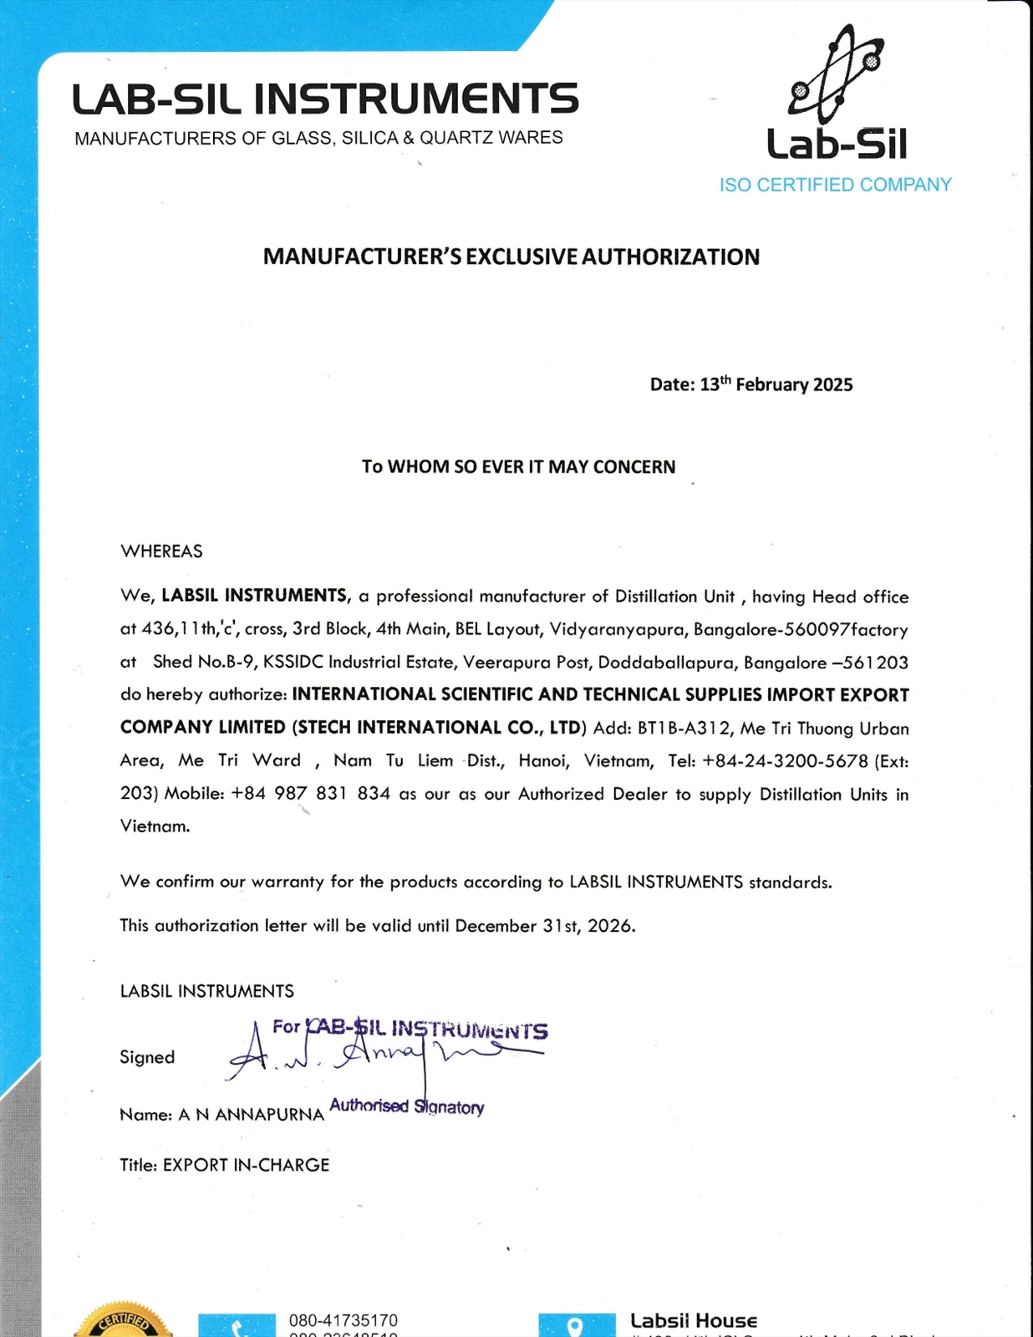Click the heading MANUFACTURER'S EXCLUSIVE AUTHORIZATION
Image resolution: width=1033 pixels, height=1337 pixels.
511,257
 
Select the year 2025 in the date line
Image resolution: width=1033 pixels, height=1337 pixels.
832,384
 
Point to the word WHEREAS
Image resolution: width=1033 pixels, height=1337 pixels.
161,552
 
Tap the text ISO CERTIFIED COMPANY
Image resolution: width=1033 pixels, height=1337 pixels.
835,185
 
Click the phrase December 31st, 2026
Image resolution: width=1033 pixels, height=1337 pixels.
544,926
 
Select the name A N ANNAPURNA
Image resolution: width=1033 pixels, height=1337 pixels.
251,1115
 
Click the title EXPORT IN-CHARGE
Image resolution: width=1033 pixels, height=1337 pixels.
246,1165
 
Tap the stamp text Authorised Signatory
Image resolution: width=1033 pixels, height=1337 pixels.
407,1106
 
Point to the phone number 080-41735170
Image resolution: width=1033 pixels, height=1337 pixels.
343,1321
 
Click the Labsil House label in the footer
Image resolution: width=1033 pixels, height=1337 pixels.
693,1321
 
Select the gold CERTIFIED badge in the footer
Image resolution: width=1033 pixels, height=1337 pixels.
124,1322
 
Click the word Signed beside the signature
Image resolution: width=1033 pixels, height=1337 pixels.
147,1057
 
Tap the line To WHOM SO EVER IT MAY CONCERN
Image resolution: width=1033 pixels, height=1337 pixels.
518,467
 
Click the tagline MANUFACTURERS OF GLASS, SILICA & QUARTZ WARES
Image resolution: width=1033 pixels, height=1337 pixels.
318,138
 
